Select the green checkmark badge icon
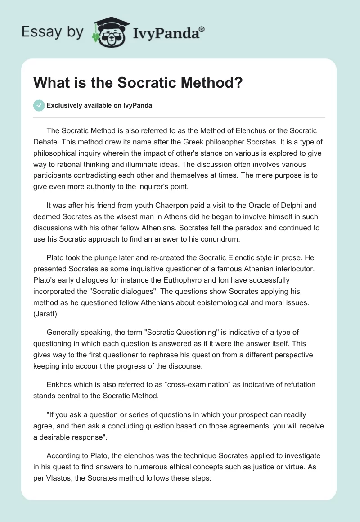39,105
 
